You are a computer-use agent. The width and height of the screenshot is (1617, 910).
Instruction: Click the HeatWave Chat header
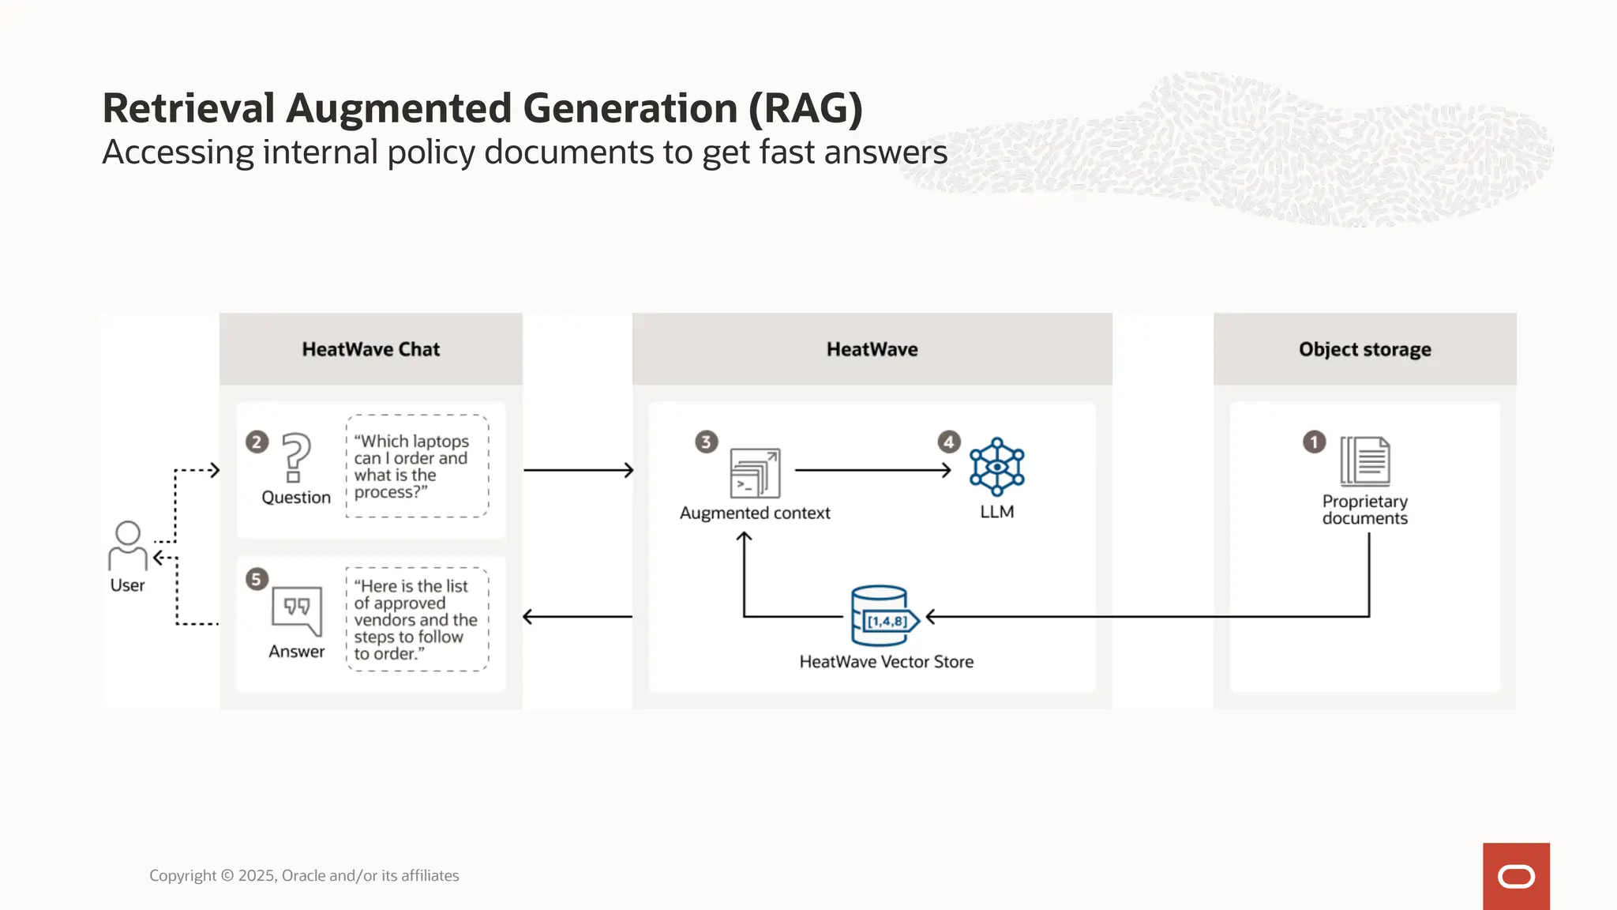click(370, 349)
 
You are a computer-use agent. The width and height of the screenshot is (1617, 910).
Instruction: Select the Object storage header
click(1364, 349)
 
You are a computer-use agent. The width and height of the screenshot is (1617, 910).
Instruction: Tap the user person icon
click(128, 545)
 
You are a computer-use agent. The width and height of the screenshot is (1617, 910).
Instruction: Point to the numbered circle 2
click(257, 442)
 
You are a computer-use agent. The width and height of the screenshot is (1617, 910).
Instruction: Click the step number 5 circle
click(257, 579)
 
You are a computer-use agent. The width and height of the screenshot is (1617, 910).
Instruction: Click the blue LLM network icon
click(996, 467)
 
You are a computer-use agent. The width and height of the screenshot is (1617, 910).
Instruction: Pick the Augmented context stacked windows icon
click(755, 472)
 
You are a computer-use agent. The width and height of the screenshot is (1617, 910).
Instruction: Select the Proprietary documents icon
click(1365, 461)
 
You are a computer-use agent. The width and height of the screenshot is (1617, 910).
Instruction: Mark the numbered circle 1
click(1314, 442)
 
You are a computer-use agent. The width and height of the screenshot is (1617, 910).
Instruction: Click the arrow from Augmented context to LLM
click(872, 470)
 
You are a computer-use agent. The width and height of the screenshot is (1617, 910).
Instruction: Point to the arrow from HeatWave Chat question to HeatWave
click(578, 470)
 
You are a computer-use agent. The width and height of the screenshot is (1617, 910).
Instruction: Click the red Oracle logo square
click(1516, 876)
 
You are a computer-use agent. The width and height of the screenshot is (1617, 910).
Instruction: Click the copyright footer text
click(304, 875)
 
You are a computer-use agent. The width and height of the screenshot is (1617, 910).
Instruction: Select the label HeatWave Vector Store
click(886, 662)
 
